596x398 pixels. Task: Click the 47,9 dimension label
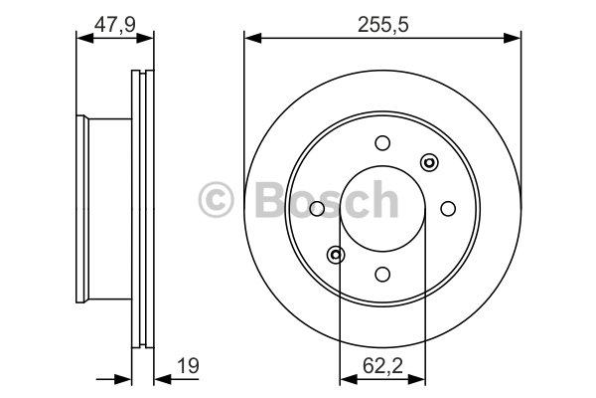click(x=115, y=25)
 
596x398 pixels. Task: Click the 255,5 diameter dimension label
click(x=383, y=25)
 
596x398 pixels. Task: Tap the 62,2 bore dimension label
click(x=382, y=366)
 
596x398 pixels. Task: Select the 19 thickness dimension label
click(x=188, y=366)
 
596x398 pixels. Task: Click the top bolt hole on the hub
click(x=382, y=143)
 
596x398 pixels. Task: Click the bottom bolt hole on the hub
click(x=382, y=274)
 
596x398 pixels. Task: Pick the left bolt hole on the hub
click(x=317, y=209)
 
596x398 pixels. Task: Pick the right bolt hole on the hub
click(x=448, y=208)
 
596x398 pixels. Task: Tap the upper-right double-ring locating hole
click(x=429, y=162)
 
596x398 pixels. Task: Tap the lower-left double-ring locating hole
click(x=336, y=255)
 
